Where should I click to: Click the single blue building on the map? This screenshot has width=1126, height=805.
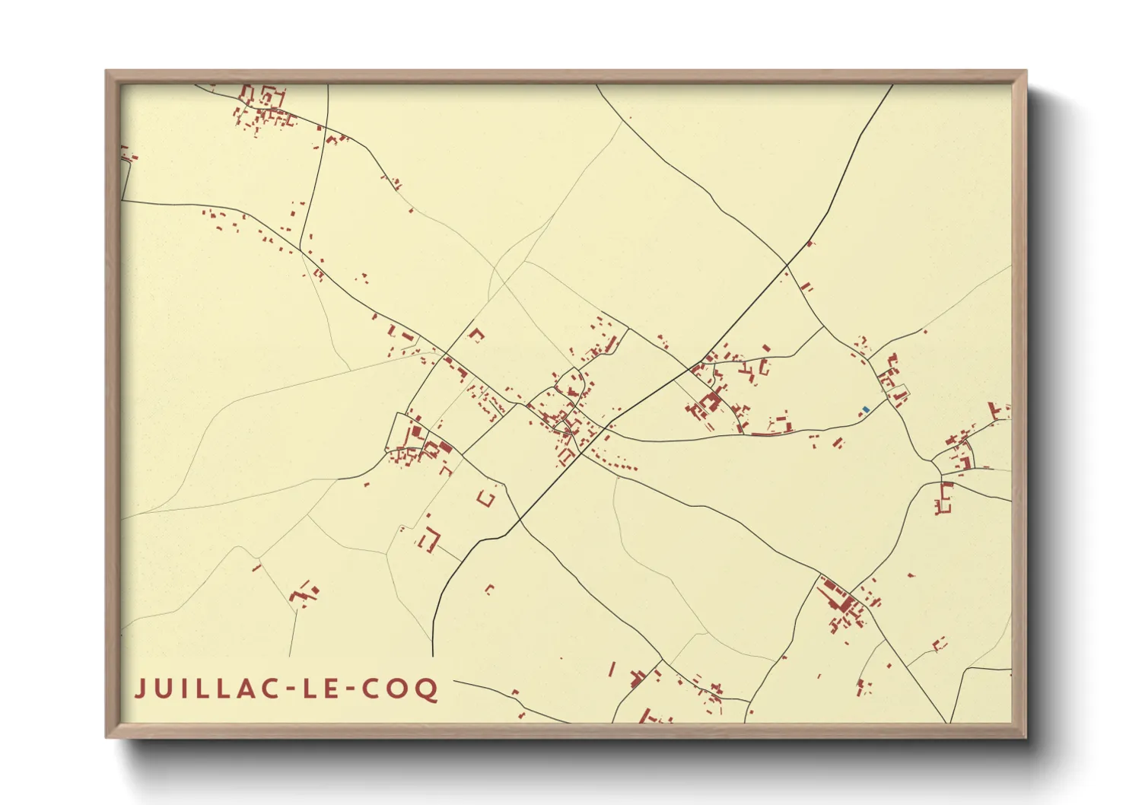[x=866, y=410]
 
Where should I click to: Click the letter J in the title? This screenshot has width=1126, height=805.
[x=140, y=689]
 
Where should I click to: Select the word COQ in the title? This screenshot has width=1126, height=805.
[x=399, y=689]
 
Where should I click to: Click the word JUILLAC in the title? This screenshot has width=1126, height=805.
[x=205, y=689]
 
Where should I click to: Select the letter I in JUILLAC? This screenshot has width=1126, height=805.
[x=182, y=689]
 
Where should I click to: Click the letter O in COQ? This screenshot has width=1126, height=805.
[x=399, y=689]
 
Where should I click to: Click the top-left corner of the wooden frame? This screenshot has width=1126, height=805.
[x=107, y=72]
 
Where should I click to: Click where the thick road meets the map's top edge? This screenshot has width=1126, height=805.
[x=892, y=85]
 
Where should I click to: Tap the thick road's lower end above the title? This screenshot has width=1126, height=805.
[x=433, y=655]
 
